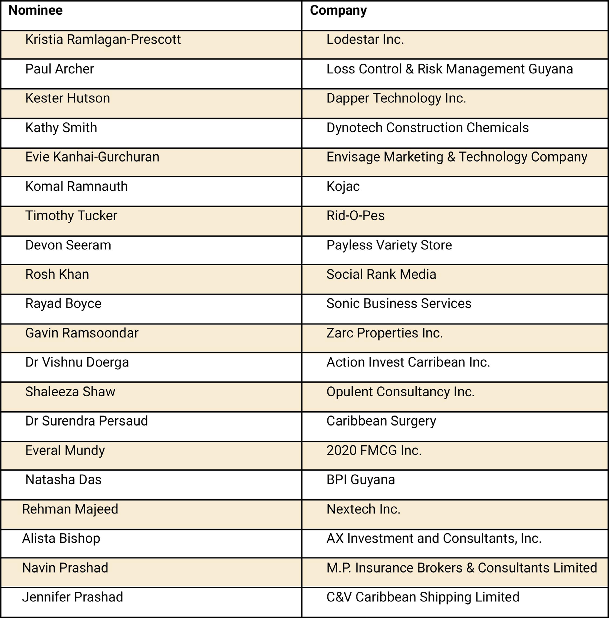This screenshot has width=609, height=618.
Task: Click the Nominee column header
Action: (35, 11)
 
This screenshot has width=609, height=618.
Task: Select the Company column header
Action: (338, 11)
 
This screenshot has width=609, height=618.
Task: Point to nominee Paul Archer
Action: (60, 69)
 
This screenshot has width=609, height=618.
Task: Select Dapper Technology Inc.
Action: (396, 98)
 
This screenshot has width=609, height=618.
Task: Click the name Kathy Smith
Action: (61, 127)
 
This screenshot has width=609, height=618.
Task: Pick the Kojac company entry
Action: (343, 187)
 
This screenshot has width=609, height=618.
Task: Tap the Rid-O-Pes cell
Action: (355, 215)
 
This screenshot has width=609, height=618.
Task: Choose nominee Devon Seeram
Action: (68, 245)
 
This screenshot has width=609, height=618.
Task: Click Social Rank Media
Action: (381, 274)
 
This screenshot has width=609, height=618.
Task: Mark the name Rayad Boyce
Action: (63, 303)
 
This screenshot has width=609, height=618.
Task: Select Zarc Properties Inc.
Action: (384, 333)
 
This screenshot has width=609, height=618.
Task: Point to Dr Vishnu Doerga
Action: (77, 362)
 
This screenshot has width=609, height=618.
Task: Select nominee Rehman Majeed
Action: (70, 509)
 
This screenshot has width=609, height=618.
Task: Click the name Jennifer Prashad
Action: (73, 597)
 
